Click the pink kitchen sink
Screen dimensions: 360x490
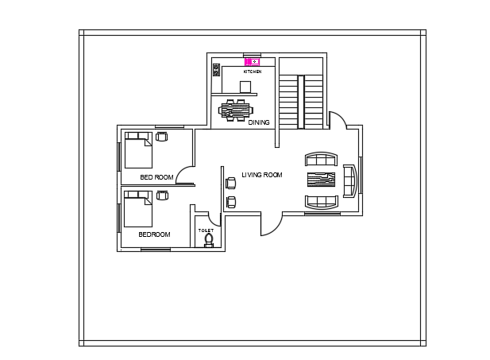[253, 61]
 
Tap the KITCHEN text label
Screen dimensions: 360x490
[253, 72]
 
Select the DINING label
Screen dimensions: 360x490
[259, 122]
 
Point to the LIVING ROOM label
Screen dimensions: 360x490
[262, 175]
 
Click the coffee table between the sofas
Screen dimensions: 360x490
[322, 178]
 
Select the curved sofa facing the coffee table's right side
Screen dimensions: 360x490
[349, 179]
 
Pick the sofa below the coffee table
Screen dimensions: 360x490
[322, 200]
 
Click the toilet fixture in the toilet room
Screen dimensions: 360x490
[209, 239]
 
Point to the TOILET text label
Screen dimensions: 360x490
[206, 230]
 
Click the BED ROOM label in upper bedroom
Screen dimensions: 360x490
[156, 176]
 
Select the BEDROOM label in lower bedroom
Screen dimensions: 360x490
[154, 234]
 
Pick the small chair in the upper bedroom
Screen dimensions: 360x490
[162, 137]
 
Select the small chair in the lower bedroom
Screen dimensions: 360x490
[162, 195]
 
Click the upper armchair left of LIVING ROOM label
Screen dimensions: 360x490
[231, 184]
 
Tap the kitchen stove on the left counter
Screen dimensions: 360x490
[216, 70]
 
